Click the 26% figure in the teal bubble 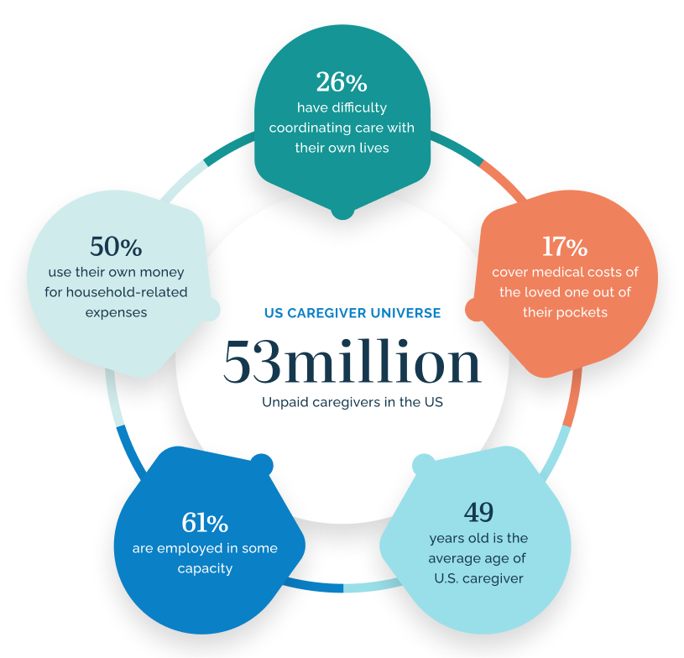tap(342, 82)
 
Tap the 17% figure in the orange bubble tap(565, 247)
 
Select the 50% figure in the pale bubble tap(116, 247)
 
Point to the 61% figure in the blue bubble tap(205, 522)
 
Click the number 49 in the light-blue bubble tap(478, 512)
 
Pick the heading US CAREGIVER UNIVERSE tap(352, 313)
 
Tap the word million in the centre tap(382, 360)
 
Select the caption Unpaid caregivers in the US tap(352, 402)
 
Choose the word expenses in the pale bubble tap(116, 313)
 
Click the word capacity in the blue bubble tap(205, 569)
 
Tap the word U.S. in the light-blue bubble tap(446, 578)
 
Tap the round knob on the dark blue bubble tap(262, 464)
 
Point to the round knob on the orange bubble tap(476, 310)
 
